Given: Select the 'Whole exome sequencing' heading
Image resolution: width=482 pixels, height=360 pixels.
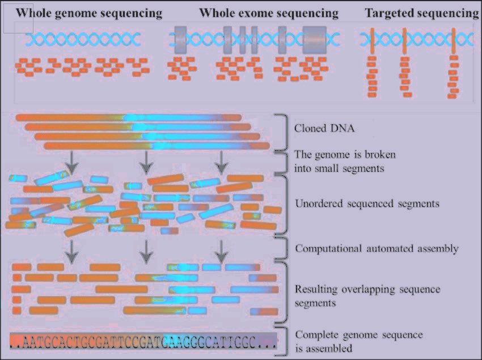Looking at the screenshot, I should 269,13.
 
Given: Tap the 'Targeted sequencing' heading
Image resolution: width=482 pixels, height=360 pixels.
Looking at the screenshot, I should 422,13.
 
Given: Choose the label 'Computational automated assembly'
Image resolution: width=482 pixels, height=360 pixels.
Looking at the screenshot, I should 377,248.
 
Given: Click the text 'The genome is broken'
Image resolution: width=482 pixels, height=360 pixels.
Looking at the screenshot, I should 345,155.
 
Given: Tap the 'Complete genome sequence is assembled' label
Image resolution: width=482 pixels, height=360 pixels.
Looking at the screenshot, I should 358,341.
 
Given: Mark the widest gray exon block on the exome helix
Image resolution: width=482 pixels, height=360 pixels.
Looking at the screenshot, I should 314,40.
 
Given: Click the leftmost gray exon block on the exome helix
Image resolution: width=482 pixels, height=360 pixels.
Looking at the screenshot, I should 180,40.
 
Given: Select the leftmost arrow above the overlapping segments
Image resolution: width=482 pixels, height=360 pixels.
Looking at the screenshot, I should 71,251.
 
